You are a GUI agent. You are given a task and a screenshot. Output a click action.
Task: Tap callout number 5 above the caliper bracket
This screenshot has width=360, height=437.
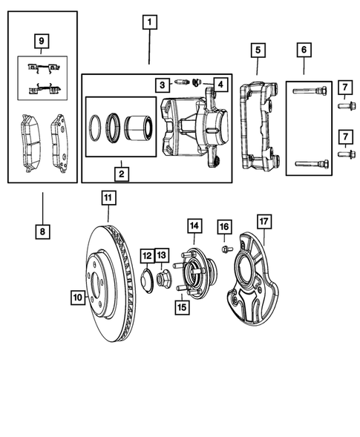[x=257, y=50]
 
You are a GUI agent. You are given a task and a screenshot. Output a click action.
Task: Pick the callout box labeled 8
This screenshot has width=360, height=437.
[x=42, y=231]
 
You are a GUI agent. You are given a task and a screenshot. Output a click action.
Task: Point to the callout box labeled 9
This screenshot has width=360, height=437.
[x=42, y=39]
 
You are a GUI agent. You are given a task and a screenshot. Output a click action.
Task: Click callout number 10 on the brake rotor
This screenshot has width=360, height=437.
[x=76, y=298]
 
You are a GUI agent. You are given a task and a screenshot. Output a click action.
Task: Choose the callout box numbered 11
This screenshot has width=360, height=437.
[x=108, y=198]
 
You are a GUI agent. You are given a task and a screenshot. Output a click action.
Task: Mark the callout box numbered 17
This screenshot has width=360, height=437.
[x=263, y=220]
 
